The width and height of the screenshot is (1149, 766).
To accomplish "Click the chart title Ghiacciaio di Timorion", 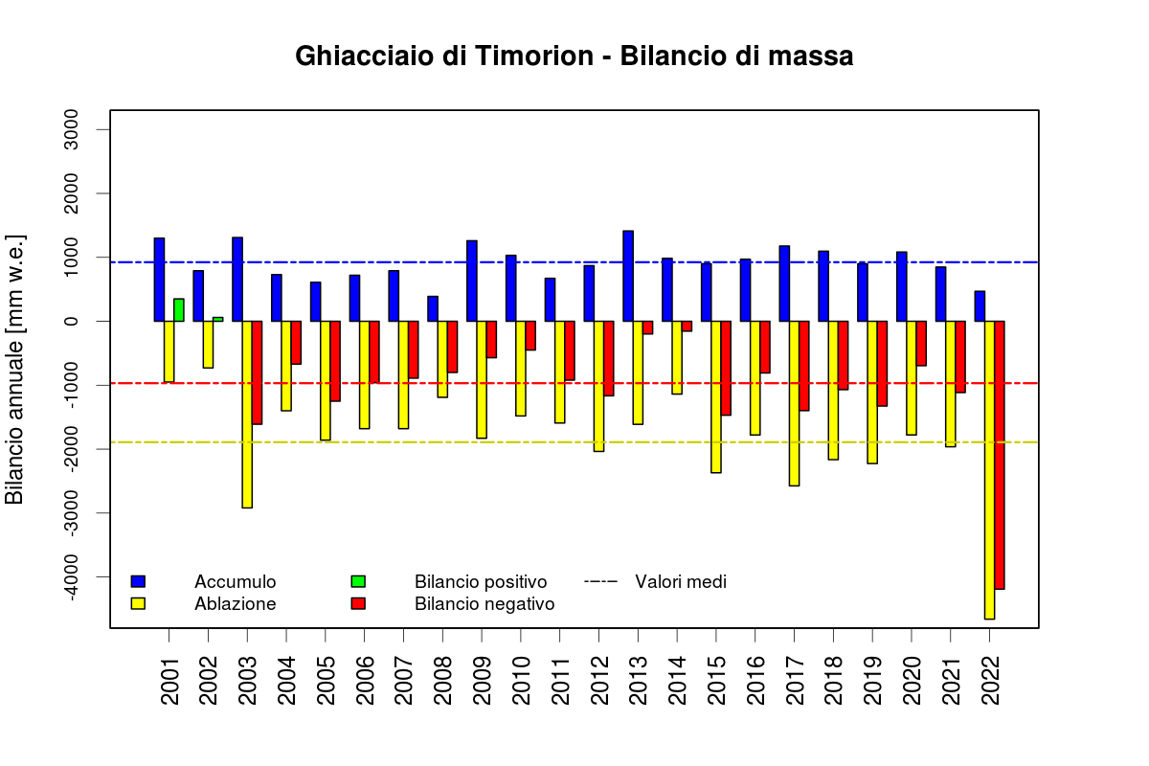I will tap(574, 56).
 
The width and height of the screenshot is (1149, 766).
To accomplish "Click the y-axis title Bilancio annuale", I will tap(15, 370).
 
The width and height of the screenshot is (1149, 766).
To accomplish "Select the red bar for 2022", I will tap(1000, 455).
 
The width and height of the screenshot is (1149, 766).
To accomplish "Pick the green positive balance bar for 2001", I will tap(179, 310).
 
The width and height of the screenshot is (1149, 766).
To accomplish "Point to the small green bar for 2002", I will tap(217, 319).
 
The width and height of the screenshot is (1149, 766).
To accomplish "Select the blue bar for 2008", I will tap(433, 308).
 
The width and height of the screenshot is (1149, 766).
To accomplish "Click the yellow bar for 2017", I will tap(794, 403).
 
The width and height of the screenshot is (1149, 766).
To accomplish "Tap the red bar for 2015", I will tap(726, 368).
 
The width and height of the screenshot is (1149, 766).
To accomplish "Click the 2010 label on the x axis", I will tap(521, 681).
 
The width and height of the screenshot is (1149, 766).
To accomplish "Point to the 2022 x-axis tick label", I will tap(990, 681).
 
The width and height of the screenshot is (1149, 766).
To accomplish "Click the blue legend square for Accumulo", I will tap(138, 581).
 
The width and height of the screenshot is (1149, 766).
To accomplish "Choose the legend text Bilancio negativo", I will tap(484, 604).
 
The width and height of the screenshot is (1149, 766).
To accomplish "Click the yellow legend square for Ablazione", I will tap(138, 604).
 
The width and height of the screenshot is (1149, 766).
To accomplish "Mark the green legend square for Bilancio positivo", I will tap(358, 581).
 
